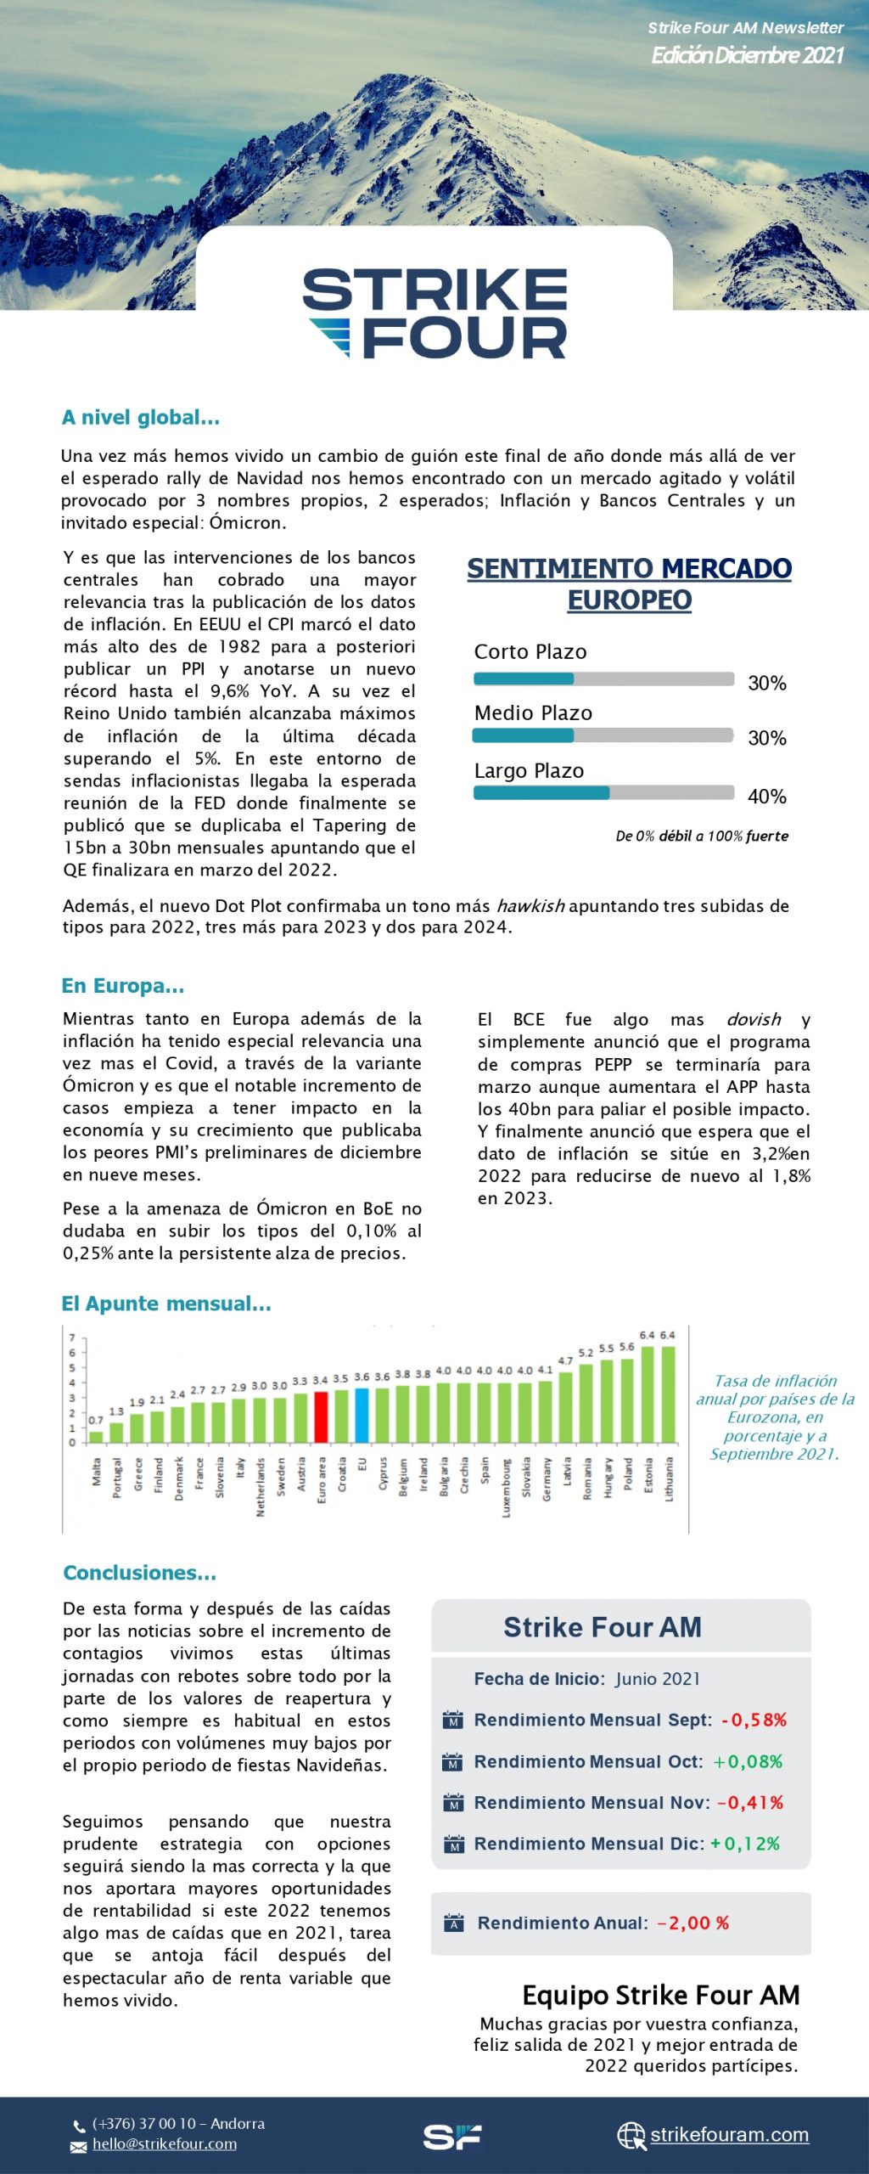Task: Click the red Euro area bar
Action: coord(321,1416)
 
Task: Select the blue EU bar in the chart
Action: coord(362,1415)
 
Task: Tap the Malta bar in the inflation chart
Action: coord(97,1437)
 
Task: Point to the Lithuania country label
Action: coord(669,1478)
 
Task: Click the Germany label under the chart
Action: coord(546,1478)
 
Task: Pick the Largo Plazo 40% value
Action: coord(766,797)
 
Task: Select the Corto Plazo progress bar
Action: coord(603,679)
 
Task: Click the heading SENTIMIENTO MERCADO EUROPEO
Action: coord(629,583)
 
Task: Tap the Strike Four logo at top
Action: coord(434,313)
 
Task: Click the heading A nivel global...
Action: coord(141,417)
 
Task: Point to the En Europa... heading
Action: coord(123,986)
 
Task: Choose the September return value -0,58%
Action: coord(754,1720)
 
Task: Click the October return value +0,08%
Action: coord(748,1761)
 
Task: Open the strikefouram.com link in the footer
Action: coord(729,2134)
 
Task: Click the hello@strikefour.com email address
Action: coord(165,2143)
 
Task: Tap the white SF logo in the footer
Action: coord(452,2136)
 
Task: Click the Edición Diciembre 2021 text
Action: coord(747,55)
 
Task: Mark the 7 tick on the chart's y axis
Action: coord(72,1338)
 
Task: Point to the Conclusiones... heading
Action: coord(140,1573)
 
